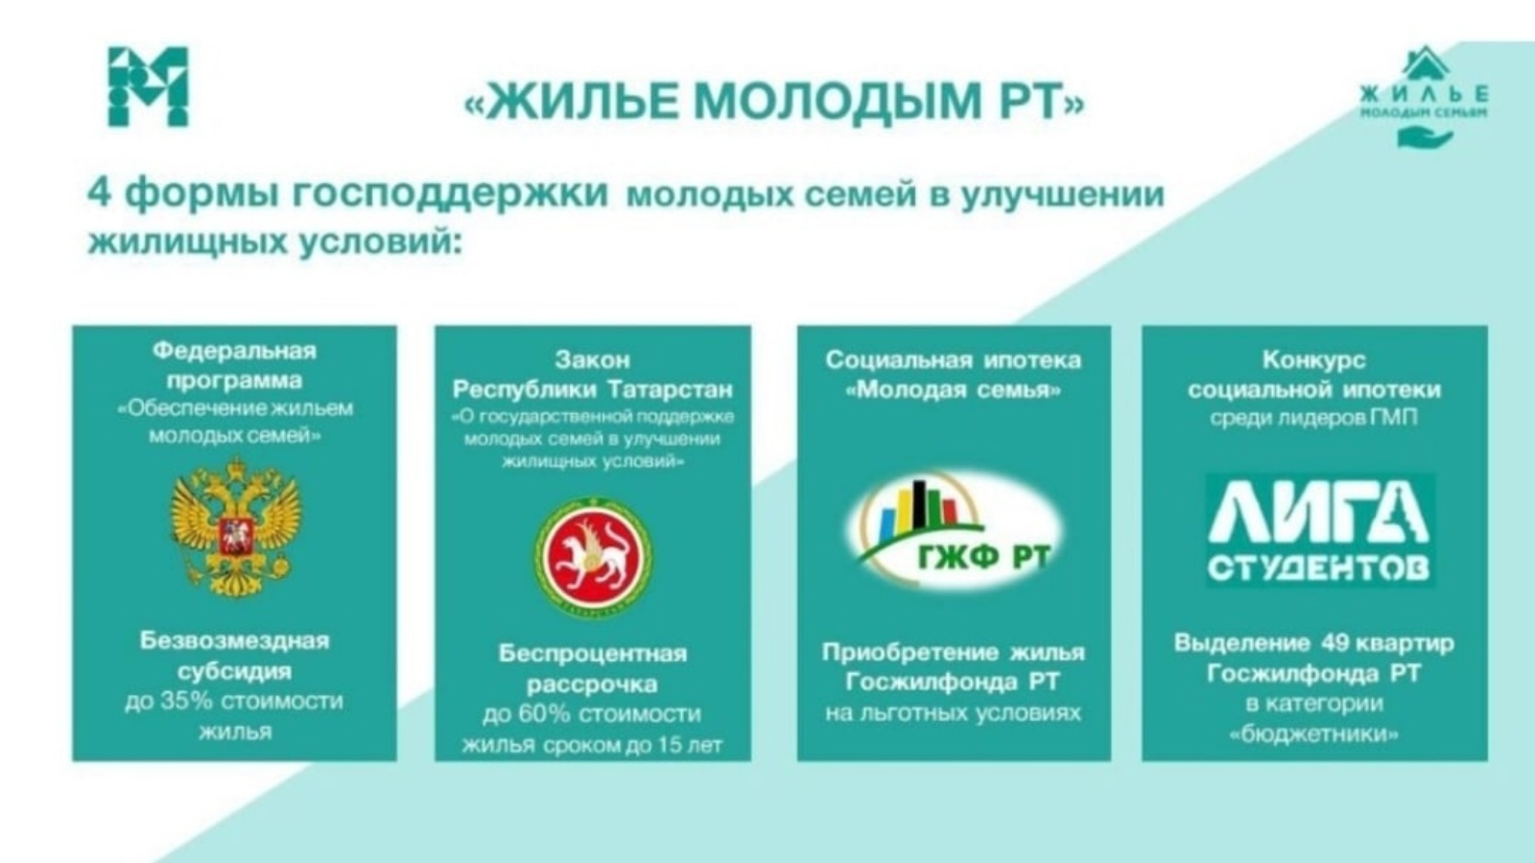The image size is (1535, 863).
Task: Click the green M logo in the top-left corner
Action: pos(148,86)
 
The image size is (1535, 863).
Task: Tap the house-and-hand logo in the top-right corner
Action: pos(1425,97)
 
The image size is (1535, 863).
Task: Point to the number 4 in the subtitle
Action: pos(100,193)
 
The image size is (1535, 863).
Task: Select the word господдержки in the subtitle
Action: pos(450,195)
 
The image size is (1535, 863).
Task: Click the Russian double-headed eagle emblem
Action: pos(235,526)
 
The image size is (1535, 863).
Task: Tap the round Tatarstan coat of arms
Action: pos(594,556)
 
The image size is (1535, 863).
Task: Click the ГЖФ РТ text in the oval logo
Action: pos(984,558)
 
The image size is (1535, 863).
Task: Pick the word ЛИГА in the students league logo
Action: pos(1318,512)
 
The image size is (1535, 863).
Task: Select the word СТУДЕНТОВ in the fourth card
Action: pos(1318,568)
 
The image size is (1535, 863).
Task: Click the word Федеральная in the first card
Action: pos(234,351)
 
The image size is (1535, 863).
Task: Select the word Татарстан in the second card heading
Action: pos(671,389)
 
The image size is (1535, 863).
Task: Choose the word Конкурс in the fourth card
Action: pos(1313,360)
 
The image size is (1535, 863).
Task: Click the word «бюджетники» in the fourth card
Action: pos(1313,735)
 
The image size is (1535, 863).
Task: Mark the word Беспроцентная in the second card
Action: pos(593,653)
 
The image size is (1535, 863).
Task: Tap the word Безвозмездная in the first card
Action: pos(234,641)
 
